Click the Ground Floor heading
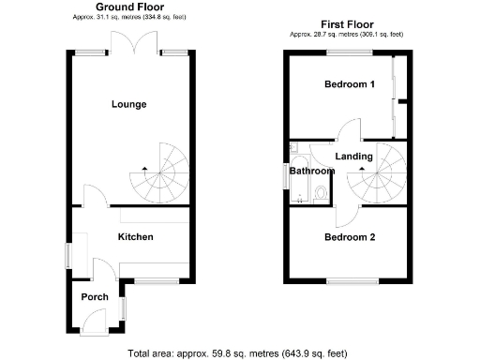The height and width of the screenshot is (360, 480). coord(130,7)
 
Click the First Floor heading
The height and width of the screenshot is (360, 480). coord(347,25)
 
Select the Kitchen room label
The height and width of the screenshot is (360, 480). coord(135,237)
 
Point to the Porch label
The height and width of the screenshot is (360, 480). coord(94,297)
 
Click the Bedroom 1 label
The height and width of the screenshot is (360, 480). coord(350,84)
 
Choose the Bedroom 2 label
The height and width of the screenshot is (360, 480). coord(350,237)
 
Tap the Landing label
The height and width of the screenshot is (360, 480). coord(354,157)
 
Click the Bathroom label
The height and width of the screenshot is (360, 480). coord(311,172)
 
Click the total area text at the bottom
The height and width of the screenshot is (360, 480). coord(237,353)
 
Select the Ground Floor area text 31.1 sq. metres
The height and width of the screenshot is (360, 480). coord(130,17)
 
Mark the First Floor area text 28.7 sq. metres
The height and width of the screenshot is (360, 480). coord(347,35)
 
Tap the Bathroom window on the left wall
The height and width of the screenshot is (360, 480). coord(287,175)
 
